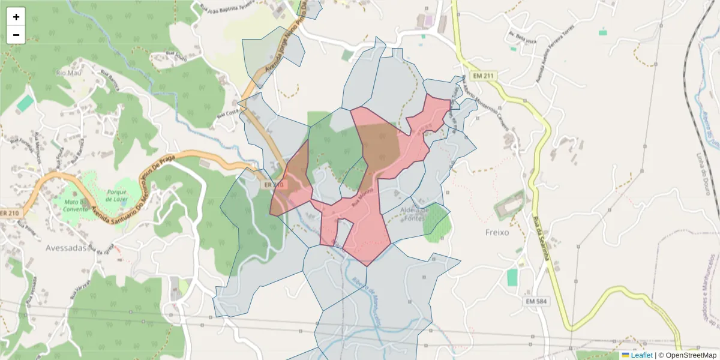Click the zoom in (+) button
coord(16,17)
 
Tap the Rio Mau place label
coord(68,73)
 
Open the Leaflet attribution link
coord(641,355)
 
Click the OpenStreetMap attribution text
coord(691,355)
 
